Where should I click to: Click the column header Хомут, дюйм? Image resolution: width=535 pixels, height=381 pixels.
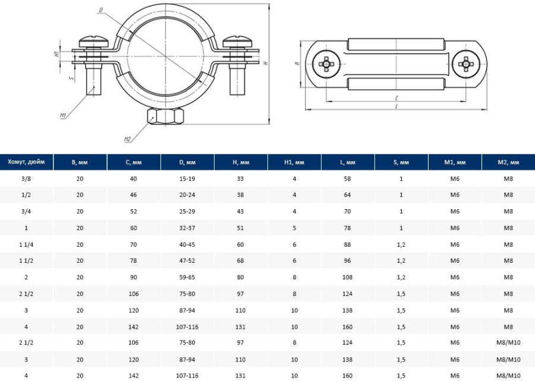click(26, 162)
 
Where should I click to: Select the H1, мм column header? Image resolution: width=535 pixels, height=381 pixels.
click(294, 162)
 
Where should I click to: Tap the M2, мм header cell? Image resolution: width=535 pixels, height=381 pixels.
click(508, 162)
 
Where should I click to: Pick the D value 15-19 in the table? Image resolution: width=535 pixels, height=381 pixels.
click(187, 178)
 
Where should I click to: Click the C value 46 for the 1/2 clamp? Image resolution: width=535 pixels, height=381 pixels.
click(133, 195)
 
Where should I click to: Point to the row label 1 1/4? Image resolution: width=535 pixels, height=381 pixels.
click(26, 244)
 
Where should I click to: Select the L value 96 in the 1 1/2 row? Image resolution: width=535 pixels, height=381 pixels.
click(347, 260)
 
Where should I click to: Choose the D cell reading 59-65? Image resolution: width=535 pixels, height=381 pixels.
click(187, 278)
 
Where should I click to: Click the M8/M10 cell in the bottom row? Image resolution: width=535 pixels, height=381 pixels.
click(508, 376)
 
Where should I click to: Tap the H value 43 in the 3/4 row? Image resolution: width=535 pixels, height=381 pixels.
click(240, 212)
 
